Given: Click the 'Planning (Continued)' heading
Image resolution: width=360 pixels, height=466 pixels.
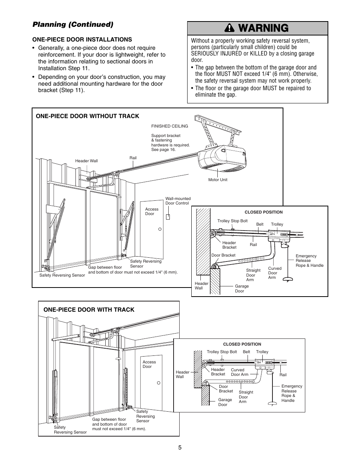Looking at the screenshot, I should coord(73,25).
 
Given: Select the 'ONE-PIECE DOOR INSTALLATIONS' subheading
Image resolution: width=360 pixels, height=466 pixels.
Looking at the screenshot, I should coord(82,39).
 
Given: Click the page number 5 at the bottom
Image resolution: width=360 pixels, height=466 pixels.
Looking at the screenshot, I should coord(180,448).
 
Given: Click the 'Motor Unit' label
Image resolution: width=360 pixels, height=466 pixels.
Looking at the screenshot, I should coord(218,180).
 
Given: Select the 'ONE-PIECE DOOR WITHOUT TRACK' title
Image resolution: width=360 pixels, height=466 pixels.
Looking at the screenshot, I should coord(87,116).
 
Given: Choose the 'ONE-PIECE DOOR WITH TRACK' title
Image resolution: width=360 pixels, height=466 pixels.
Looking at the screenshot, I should coord(89,309).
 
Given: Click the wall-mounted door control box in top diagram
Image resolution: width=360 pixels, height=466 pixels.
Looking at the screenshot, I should coord(168,217).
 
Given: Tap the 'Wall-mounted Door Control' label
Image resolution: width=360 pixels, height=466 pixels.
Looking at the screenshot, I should coord(178,201).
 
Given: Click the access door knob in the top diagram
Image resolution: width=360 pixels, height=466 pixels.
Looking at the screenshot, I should coord(160,229).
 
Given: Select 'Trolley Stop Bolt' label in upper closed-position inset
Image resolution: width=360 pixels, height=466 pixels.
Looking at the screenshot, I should coord(232,221).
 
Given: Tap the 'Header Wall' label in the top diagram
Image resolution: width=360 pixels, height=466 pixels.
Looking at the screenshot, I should coord(86,161).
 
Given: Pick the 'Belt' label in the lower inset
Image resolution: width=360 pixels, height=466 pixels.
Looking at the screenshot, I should coord(246,352).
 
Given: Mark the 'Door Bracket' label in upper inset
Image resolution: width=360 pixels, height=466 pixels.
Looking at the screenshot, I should coord(223,255).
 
